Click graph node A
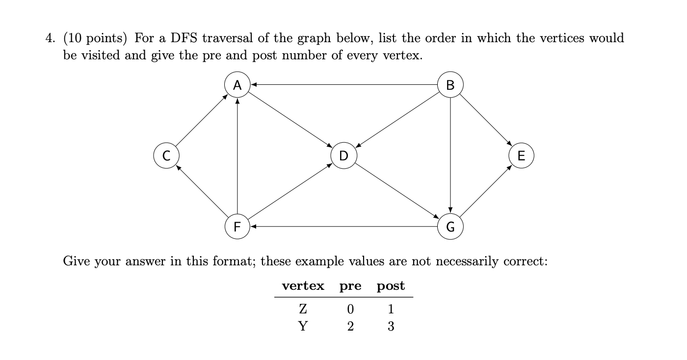click(x=238, y=85)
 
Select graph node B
click(x=450, y=85)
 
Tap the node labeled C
click(x=166, y=156)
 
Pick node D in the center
click(x=343, y=156)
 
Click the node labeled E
click(x=521, y=156)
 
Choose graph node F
click(x=238, y=227)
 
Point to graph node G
click(x=450, y=227)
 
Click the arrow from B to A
click(x=343, y=85)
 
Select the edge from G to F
click(x=343, y=227)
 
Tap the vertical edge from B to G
click(x=450, y=156)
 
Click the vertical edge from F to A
click(x=238, y=156)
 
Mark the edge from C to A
click(x=202, y=121)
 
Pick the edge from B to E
click(x=486, y=121)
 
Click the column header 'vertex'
click(x=303, y=286)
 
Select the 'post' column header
click(x=391, y=286)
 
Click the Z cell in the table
click(x=303, y=309)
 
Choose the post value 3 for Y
click(x=391, y=327)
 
